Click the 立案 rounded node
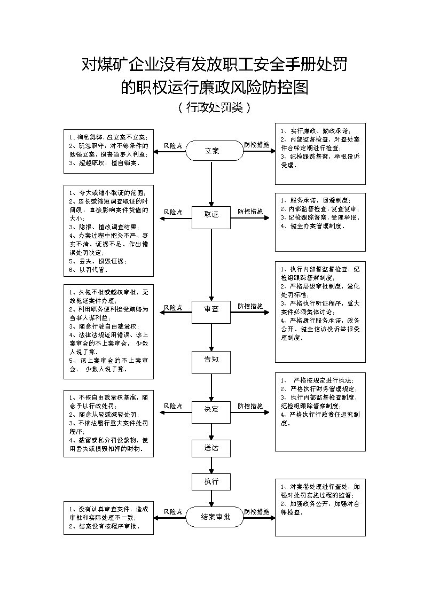point(212,151)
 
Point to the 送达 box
point(211,448)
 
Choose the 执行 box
point(211,481)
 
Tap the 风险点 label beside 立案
point(172,145)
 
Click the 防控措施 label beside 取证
point(250,212)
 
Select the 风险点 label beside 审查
point(172,307)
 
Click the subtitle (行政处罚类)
point(213,107)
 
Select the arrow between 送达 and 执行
point(212,464)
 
